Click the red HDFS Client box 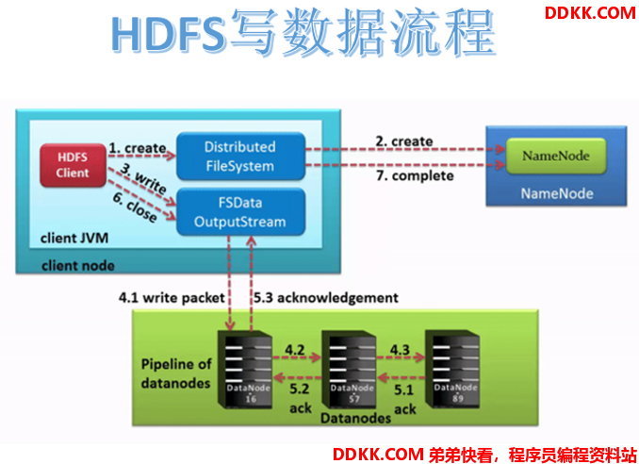[x=73, y=165]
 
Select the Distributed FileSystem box [x=240, y=157]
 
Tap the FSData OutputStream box [x=240, y=212]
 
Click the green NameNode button [x=556, y=156]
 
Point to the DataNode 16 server [x=245, y=370]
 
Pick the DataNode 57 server [x=350, y=370]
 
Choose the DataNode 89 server [x=452, y=370]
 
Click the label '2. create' [x=404, y=141]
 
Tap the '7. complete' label [x=415, y=175]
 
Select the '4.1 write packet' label [x=172, y=298]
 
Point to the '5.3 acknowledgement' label [x=326, y=298]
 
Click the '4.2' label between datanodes [x=295, y=350]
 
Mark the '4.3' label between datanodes [x=400, y=350]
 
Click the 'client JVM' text [x=74, y=238]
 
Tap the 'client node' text [x=78, y=266]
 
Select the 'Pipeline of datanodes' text [x=176, y=373]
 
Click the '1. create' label [x=138, y=148]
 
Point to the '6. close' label [x=135, y=207]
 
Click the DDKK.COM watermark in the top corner [x=590, y=13]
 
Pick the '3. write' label [x=144, y=178]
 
